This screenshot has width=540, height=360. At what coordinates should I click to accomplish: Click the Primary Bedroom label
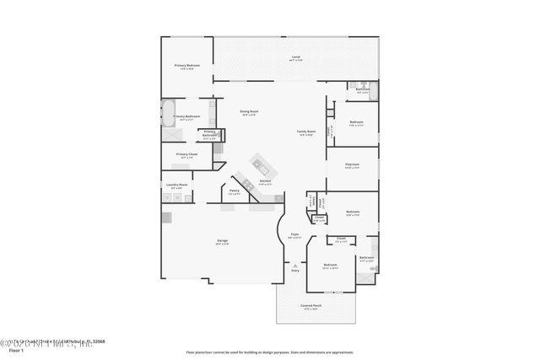point(186,66)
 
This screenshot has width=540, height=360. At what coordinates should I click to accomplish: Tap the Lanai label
point(296,57)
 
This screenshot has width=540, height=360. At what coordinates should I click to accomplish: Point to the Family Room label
point(305,132)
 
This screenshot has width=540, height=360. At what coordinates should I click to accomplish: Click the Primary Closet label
point(186,154)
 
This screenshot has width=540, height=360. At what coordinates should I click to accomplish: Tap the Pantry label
point(235,191)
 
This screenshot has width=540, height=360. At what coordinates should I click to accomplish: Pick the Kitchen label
point(265,181)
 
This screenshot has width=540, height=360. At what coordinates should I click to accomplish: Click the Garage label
point(222,241)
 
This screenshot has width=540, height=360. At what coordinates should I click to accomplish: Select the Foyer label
point(294,235)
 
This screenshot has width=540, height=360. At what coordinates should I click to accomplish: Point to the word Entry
point(295,270)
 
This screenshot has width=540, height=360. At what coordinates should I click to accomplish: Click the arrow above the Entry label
point(295,264)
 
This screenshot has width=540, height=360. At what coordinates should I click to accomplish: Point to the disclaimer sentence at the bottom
point(269,352)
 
